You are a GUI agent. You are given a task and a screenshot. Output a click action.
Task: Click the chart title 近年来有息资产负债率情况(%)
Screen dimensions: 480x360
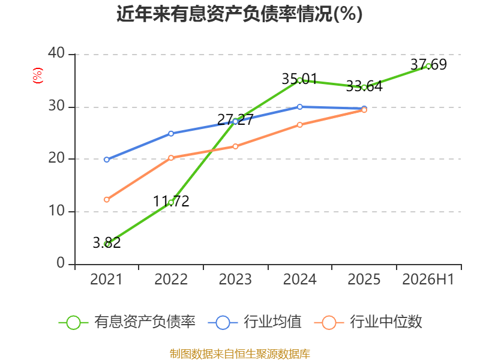point(239,14)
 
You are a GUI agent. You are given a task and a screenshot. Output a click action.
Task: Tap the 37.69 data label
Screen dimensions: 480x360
point(428,64)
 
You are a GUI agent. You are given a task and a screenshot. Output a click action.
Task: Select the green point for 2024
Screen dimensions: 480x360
point(299,80)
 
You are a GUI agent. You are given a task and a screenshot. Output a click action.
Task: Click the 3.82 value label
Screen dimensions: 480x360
point(107,243)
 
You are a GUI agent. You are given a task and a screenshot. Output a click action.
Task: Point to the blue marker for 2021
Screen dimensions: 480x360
point(107,160)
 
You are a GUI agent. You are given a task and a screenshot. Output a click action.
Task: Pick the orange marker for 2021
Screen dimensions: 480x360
point(107,200)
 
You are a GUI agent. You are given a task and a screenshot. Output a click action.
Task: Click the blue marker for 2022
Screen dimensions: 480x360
point(171,133)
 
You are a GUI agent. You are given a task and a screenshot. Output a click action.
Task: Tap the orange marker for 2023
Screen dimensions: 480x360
point(235,146)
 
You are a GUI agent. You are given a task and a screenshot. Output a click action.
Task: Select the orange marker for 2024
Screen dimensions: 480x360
point(299,125)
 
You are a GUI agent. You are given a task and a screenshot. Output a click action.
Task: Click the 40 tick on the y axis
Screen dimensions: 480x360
point(56,53)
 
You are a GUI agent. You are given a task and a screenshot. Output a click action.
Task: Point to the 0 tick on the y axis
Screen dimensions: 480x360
point(61,263)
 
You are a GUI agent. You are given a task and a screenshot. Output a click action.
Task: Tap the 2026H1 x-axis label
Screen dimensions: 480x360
point(428,280)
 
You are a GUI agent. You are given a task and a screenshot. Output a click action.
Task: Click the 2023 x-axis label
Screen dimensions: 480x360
point(235,280)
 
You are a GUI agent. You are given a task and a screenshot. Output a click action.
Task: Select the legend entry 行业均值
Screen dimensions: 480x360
point(254,322)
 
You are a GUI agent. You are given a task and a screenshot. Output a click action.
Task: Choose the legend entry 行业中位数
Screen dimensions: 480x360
point(368,322)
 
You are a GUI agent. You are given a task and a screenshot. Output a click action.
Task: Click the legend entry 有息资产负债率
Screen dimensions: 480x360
point(127,322)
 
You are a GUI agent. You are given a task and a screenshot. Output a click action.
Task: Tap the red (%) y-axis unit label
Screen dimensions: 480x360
point(38,76)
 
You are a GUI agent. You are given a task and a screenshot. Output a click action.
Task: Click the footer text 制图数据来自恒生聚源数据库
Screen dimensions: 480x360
point(240,354)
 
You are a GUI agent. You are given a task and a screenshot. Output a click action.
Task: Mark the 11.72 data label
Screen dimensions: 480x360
point(171,202)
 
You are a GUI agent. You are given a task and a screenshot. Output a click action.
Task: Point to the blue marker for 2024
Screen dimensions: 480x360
point(299,107)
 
